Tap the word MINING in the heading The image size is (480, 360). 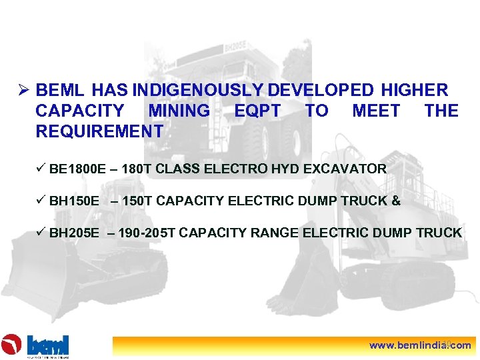[179, 111]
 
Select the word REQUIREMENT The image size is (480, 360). [99, 131]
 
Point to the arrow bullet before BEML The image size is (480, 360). [23, 90]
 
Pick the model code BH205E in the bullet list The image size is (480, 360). [75, 233]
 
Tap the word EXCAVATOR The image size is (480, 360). [345, 169]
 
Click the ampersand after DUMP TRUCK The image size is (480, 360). [397, 201]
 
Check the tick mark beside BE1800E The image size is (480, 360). [41, 168]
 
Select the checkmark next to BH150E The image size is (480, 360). [41, 200]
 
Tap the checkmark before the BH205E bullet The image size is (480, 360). [41, 232]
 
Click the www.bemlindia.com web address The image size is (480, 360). [420, 345]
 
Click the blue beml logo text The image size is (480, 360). [48, 345]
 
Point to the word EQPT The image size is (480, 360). [257, 111]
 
